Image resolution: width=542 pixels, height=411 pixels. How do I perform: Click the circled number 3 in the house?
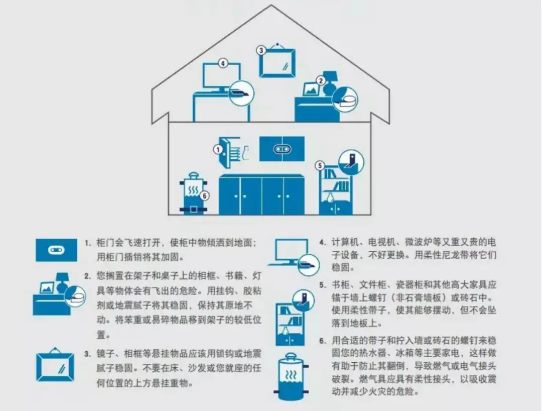coord(261,51)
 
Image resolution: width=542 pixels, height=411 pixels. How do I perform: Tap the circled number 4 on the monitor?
coord(223,63)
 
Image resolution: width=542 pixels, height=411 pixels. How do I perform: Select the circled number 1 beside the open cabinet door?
coord(218,149)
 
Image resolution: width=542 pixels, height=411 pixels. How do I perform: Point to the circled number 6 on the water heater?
coord(205,196)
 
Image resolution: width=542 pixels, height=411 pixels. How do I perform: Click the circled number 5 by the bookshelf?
coord(320,166)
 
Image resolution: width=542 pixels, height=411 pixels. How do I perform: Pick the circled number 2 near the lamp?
coord(321,80)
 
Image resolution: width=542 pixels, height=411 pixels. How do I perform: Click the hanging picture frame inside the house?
coord(278,62)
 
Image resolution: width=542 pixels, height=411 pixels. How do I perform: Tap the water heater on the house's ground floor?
coord(193,194)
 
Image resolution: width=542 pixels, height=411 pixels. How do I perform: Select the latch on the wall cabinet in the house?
coord(282,149)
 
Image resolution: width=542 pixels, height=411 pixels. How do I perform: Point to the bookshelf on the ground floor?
coord(336,189)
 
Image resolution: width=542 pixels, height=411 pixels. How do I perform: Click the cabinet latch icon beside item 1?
coord(56,250)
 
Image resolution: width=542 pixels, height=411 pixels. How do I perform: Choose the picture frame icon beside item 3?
coord(55,364)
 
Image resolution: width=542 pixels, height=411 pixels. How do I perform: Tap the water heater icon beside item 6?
coord(291,376)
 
